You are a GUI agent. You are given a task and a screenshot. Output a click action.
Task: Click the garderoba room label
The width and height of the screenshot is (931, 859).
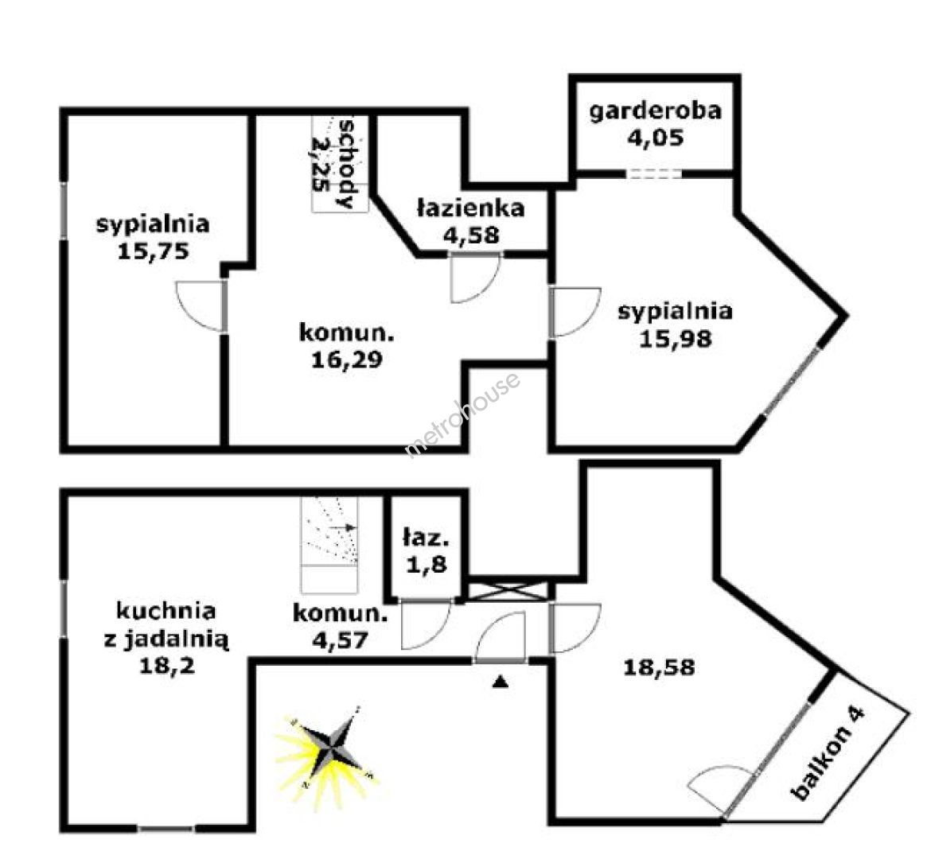[655, 111]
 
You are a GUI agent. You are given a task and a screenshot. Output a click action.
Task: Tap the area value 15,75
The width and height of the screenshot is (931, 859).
[154, 251]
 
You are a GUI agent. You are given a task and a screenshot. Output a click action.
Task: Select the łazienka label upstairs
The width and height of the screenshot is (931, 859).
[471, 208]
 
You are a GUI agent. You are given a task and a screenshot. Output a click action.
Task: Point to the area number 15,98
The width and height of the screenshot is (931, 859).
[675, 338]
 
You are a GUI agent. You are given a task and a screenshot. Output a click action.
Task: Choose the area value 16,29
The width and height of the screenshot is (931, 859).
[348, 360]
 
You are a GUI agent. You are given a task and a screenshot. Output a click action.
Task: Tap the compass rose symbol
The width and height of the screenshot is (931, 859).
[327, 748]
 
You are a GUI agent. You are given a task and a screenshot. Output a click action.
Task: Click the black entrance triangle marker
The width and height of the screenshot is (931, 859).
[501, 682]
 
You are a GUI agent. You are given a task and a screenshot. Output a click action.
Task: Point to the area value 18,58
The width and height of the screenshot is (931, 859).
[659, 667]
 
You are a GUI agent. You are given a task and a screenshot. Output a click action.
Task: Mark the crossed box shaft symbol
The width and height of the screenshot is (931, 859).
[506, 591]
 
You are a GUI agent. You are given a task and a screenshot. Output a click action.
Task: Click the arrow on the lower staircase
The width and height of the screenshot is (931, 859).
[343, 527]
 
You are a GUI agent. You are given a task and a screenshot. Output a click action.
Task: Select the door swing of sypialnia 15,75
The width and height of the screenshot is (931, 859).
[200, 305]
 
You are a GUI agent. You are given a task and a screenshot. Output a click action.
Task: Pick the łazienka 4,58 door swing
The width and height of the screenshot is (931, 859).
[476, 278]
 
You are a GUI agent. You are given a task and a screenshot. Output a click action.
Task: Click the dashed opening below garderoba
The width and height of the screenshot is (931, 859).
[654, 174]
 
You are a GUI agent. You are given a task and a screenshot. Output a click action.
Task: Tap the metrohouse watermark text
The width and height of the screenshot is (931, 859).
[462, 414]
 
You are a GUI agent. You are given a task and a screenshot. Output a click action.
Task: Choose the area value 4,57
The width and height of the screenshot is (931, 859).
[341, 640]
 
